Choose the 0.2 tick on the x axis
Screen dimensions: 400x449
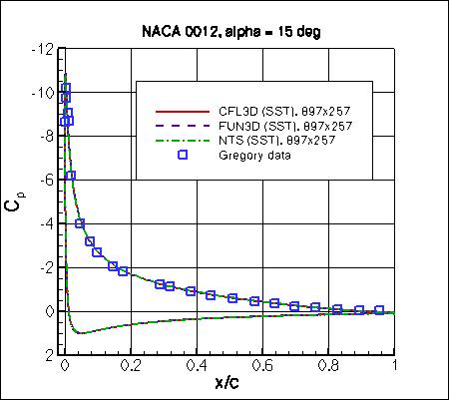coord(130,366)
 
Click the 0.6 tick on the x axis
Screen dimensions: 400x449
coord(262,366)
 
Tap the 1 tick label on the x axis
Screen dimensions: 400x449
coord(395,366)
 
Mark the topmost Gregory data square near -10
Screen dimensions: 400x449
coord(66,89)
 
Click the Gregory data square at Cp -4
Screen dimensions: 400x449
coord(80,223)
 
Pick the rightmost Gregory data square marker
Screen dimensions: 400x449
coord(379,309)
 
